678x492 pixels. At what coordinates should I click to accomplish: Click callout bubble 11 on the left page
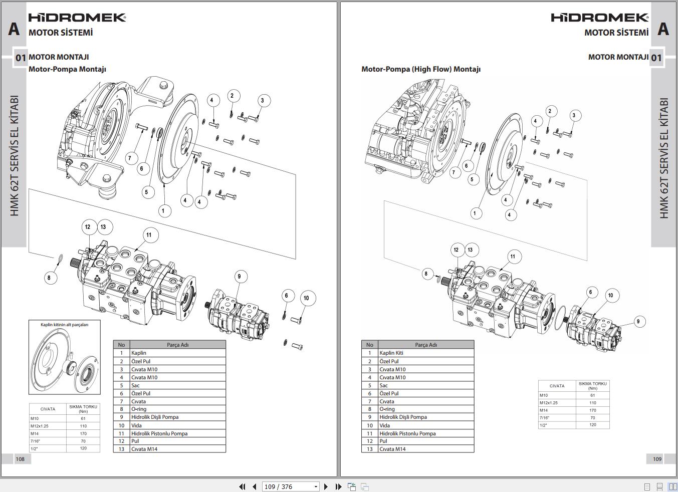pos(149,235)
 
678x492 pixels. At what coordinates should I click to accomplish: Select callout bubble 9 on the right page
pos(638,322)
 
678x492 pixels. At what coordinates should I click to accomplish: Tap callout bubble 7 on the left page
pos(130,158)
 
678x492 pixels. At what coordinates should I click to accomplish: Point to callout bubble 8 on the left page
pos(49,278)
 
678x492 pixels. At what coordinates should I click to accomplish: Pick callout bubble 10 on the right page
pos(610,295)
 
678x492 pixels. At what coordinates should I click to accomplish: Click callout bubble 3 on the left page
pos(262,101)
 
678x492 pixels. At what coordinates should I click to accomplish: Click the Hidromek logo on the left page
pos(77,18)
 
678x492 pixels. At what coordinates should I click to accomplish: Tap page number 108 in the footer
pos(20,459)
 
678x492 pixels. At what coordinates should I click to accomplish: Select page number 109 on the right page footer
pos(657,459)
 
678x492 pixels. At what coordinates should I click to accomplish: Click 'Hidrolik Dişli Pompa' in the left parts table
pos(155,417)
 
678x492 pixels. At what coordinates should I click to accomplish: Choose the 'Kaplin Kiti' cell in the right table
pos(391,353)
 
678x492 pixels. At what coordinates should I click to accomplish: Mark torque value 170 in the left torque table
pos(83,433)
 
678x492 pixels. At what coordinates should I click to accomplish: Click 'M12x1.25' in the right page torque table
pos(549,403)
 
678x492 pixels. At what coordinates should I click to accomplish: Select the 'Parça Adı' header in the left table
pos(177,345)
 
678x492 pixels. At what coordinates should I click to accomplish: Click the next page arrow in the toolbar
pos(326,486)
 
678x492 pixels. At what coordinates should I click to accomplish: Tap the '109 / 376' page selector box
pos(291,486)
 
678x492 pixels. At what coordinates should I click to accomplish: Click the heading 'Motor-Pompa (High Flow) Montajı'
pos(421,69)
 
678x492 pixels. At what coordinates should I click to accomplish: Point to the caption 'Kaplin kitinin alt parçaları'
pos(64,325)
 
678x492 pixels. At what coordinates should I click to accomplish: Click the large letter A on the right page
pos(663,29)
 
